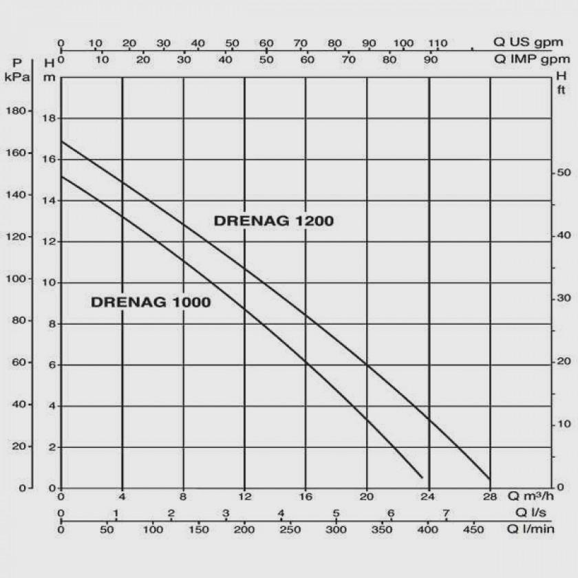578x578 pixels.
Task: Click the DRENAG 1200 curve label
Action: (x=274, y=221)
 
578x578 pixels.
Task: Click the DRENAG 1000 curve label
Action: (x=151, y=302)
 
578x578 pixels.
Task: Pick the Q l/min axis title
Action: (x=531, y=528)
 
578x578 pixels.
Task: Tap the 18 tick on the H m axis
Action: (x=49, y=118)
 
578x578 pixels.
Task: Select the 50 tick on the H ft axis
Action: (x=562, y=172)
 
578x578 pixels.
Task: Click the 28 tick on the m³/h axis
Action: (x=490, y=497)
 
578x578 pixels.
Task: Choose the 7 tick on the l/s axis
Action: (x=446, y=513)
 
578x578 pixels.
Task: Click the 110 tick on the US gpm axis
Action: (x=438, y=43)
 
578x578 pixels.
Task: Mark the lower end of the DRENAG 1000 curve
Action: (x=422, y=477)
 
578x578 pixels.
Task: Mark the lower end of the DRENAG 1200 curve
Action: (x=489, y=478)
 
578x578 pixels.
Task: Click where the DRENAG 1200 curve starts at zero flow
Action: (x=61, y=141)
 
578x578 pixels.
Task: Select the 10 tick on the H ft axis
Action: (x=562, y=425)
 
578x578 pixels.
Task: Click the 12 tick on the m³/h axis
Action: (x=244, y=497)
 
